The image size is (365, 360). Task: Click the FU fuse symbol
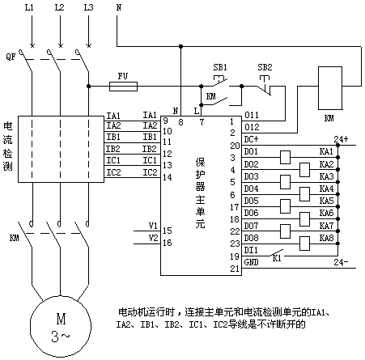[123, 87]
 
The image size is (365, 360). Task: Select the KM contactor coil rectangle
[330, 88]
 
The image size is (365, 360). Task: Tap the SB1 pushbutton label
[220, 67]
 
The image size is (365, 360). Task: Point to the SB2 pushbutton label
[265, 67]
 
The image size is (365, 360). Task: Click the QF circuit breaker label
[11, 57]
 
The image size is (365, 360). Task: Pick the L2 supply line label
[59, 7]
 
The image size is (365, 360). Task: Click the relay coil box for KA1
[285, 157]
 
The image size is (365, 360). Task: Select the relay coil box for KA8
[304, 244]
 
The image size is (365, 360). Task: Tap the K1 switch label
[277, 258]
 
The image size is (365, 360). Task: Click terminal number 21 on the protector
[235, 269]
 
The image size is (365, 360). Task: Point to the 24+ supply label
[341, 139]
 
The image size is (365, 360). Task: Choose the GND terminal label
[251, 262]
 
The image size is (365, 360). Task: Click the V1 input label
[153, 226]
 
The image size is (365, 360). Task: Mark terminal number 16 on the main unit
[168, 243]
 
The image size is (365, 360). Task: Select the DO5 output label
[251, 201]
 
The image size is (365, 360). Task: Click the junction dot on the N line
[181, 47]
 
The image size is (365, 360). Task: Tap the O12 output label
[252, 127]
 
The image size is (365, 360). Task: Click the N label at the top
[119, 7]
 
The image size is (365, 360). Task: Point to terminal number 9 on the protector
[166, 121]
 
